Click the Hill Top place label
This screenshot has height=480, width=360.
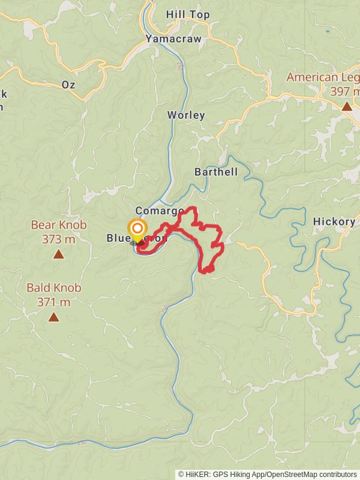coord(188,14)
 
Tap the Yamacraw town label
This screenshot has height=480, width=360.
coord(173,39)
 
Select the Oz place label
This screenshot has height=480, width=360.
coord(68,85)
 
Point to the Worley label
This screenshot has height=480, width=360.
coord(186,115)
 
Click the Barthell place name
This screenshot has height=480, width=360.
coord(216,172)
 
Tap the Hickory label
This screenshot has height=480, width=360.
coord(334,221)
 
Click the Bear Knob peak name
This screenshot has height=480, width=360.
coord(59,226)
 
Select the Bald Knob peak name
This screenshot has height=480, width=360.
coord(54,288)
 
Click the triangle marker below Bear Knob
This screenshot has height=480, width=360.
coord(58,254)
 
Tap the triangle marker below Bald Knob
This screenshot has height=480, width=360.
coord(54,317)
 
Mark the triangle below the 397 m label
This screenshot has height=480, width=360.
coord(347,107)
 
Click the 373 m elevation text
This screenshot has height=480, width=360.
coord(59,239)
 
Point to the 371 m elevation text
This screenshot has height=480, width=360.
coord(54,302)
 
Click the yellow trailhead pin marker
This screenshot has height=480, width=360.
coord(137,229)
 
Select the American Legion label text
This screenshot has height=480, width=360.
coord(323,77)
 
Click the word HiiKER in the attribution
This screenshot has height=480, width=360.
coord(199,474)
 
